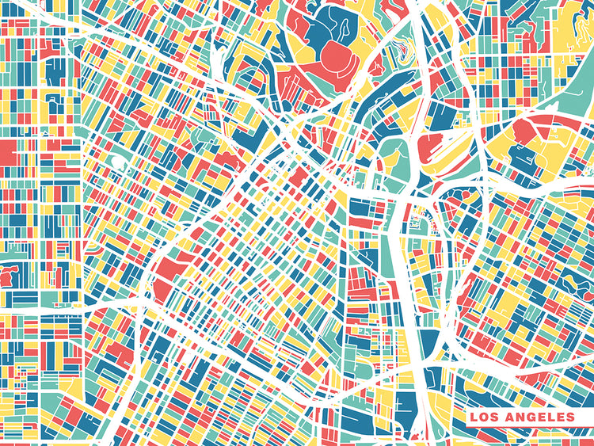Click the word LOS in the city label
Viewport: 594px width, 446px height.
point(485,417)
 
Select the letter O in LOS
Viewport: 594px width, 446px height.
point(484,417)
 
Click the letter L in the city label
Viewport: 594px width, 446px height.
point(474,417)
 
